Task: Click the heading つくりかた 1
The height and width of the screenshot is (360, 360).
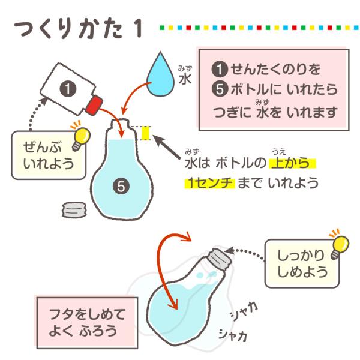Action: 78,30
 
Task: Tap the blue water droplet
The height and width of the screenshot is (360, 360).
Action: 160,75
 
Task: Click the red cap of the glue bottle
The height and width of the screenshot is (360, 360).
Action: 94,106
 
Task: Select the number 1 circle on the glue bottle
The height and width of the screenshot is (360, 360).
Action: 68,89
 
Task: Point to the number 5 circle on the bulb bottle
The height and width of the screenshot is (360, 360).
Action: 121,187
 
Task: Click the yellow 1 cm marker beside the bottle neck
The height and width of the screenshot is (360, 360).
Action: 145,133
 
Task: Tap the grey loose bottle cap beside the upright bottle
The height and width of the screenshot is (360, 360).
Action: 74,209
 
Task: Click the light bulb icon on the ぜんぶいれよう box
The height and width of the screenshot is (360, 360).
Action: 80,139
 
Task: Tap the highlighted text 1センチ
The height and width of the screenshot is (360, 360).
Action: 210,183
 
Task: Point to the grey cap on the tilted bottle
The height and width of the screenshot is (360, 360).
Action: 219,259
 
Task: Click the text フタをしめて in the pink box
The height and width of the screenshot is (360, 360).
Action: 87,314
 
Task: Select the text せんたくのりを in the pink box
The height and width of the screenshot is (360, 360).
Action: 275,69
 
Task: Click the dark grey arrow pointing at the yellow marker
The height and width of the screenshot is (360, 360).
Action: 166,147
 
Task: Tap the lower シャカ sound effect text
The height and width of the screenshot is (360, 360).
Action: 233,335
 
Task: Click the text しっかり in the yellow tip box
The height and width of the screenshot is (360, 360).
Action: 301,255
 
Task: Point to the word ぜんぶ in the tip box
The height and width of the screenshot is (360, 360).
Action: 43,147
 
